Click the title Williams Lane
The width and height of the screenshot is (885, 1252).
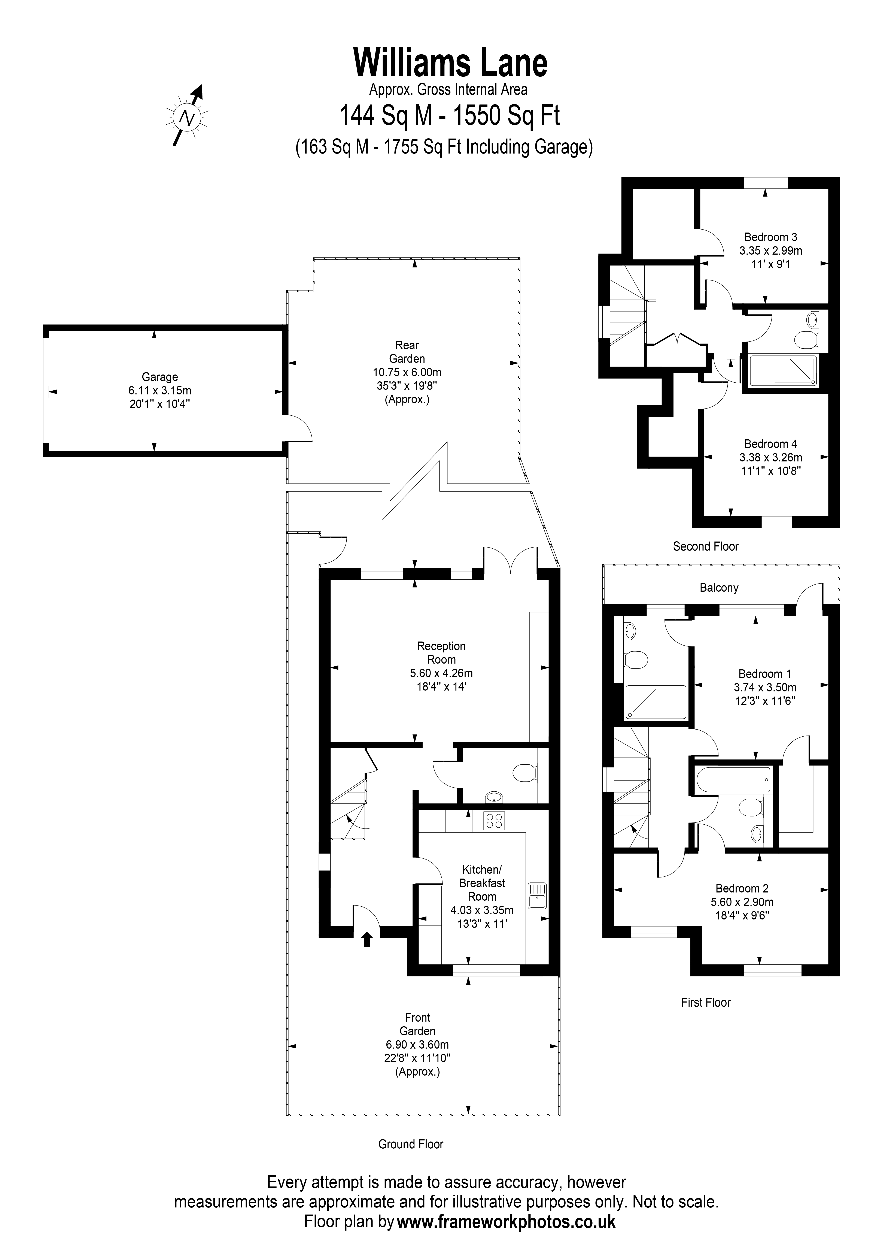click(x=450, y=63)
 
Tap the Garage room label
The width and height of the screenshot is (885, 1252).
click(x=160, y=377)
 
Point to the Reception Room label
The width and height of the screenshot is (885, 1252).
click(x=441, y=653)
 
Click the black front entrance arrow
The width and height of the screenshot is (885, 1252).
click(x=367, y=939)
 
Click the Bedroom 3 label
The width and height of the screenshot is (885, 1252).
click(x=770, y=237)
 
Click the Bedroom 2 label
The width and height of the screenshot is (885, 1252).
click(x=742, y=889)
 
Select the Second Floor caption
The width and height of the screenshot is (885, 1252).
click(x=706, y=546)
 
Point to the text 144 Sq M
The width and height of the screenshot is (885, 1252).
click(x=386, y=116)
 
